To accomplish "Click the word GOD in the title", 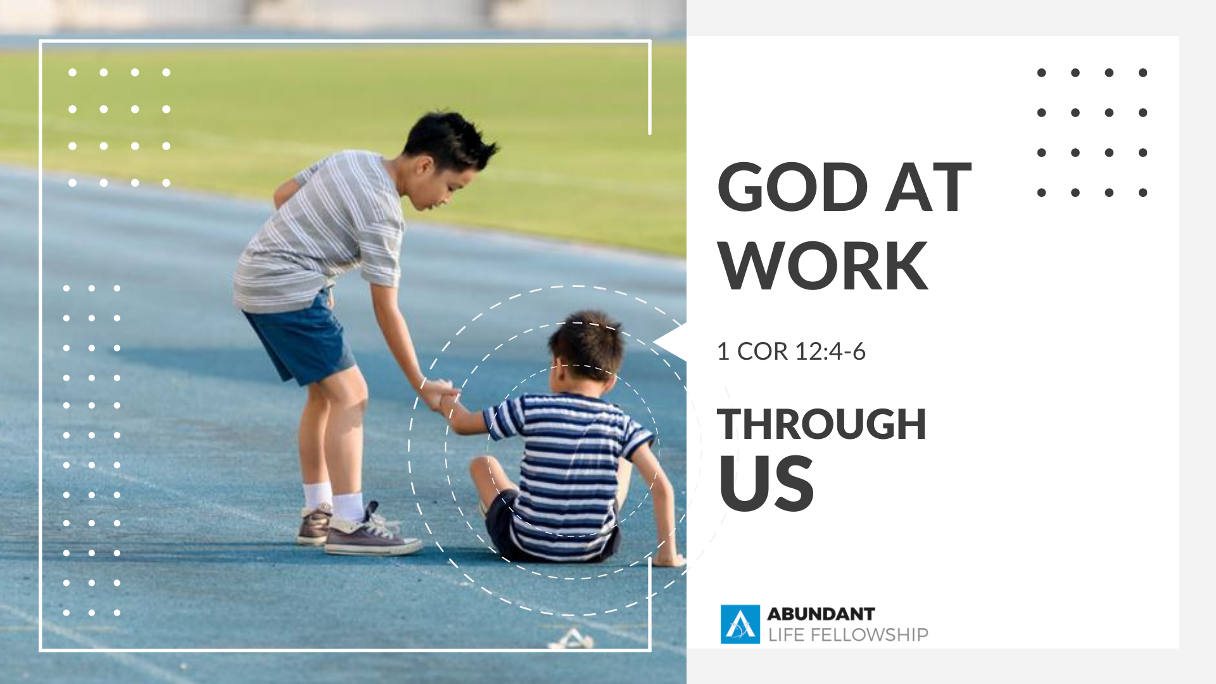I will coord(792,187).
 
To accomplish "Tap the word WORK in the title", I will coord(823,266).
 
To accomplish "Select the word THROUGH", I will coord(821,424).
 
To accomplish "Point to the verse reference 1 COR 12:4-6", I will coord(791,351).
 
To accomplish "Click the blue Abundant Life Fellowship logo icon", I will coord(740,624).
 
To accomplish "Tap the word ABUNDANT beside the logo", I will coord(821,614).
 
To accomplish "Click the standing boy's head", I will coord(446,158).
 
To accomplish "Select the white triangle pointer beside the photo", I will coord(671,342).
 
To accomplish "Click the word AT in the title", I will coord(928,187).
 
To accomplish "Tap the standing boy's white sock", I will coord(348,507).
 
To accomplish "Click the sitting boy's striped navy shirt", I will coord(564,469).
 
